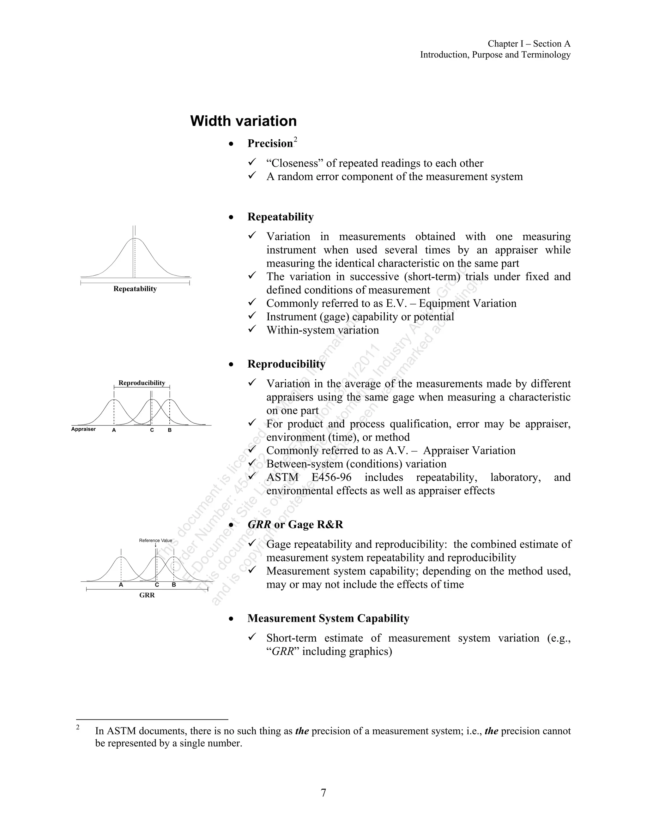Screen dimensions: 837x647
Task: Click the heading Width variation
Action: pyautogui.click(x=243, y=121)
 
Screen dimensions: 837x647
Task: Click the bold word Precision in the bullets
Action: pyautogui.click(x=270, y=143)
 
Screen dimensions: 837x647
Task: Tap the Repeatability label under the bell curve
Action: pyautogui.click(x=135, y=289)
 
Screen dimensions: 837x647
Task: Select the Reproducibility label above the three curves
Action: pyautogui.click(x=142, y=383)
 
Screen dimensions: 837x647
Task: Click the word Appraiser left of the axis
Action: pyautogui.click(x=83, y=429)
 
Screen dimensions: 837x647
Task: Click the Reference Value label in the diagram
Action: pyautogui.click(x=155, y=540)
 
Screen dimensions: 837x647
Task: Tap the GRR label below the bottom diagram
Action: pyautogui.click(x=147, y=595)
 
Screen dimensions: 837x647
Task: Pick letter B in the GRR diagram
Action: pyautogui.click(x=174, y=585)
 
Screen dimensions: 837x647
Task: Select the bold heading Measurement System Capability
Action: pyautogui.click(x=328, y=618)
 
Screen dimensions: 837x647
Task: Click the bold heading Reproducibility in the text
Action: pyautogui.click(x=286, y=364)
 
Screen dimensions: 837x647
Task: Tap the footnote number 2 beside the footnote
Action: pyautogui.click(x=78, y=727)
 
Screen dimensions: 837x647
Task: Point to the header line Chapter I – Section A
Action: pyautogui.click(x=529, y=44)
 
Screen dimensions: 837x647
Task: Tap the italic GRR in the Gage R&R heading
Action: pyautogui.click(x=259, y=525)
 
